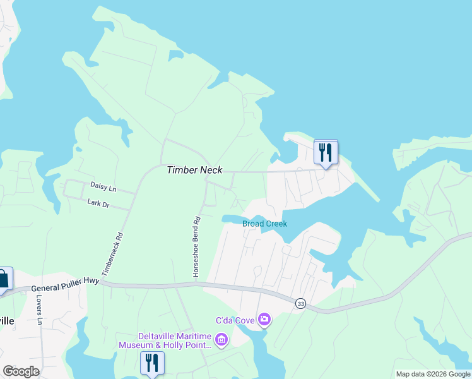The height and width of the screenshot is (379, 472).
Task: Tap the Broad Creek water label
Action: [264, 224]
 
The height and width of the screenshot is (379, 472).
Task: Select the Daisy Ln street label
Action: [103, 188]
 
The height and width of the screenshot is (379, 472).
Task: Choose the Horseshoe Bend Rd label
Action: [196, 246]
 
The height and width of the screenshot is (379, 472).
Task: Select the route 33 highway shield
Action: [300, 303]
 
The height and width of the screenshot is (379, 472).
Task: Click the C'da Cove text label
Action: [235, 320]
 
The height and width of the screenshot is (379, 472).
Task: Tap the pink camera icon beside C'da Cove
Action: [264, 320]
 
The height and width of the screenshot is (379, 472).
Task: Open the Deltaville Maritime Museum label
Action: [167, 340]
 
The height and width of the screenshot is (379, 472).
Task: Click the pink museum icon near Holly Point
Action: [221, 341]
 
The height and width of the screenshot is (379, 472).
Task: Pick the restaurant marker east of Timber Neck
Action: [326, 152]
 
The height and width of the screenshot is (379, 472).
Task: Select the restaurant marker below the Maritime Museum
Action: [152, 363]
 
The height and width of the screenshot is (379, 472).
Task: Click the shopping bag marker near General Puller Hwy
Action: [3, 279]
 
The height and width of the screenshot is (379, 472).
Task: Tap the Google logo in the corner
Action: [21, 371]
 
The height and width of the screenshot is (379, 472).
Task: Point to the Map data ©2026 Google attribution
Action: [433, 374]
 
